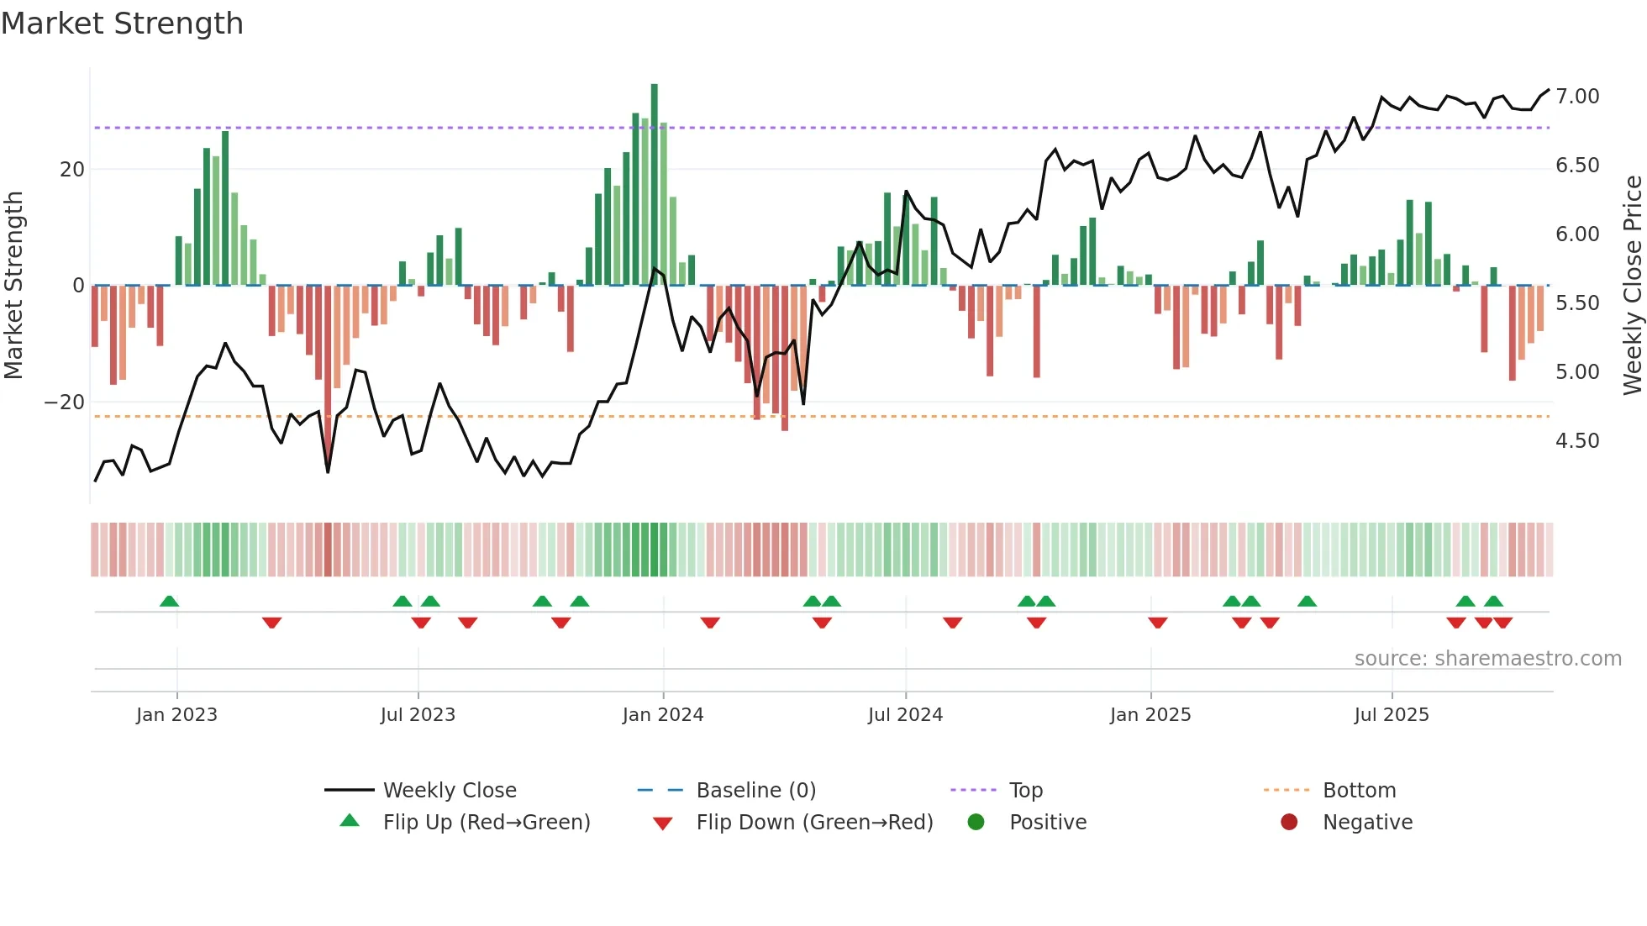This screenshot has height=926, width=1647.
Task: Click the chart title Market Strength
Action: point(122,24)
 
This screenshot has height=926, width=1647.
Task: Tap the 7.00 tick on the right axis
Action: point(1576,97)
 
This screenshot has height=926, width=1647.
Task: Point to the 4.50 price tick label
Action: point(1576,441)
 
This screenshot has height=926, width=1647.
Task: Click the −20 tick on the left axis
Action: point(65,402)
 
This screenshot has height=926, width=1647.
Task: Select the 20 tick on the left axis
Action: point(72,170)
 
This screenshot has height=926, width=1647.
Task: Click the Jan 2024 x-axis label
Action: point(662,715)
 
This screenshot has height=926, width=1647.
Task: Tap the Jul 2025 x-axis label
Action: point(1391,715)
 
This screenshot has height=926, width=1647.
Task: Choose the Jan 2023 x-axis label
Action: point(176,715)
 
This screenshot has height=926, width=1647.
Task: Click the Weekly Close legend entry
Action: point(449,791)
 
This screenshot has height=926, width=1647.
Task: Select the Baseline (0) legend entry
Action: point(755,791)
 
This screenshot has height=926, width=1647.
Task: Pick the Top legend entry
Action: point(1025,791)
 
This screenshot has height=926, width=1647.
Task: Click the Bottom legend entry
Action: point(1359,791)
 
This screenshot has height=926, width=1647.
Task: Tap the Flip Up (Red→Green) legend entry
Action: point(486,823)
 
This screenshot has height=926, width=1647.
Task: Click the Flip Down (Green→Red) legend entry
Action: point(813,823)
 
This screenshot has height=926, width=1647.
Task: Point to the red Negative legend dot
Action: point(1289,823)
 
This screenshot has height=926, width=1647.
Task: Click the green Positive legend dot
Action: point(976,823)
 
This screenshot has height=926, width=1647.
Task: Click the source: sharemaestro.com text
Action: point(1487,659)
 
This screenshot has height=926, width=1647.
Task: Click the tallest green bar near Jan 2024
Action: point(655,185)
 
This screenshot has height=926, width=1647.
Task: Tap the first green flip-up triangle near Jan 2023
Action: point(169,602)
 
